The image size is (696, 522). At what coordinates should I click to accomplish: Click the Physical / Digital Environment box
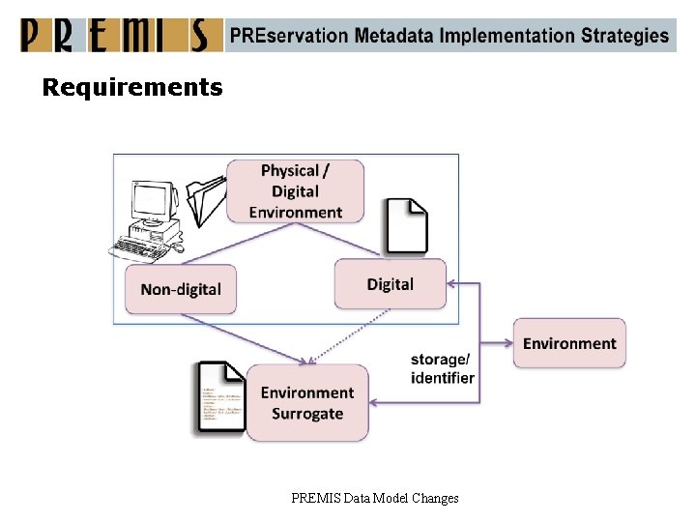coord(295,191)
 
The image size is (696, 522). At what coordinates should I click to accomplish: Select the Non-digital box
coord(181,289)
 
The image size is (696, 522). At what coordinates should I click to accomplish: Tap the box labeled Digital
coord(391,284)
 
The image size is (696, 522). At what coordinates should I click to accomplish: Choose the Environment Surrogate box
coord(307,403)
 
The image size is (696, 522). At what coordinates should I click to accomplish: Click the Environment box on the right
coord(569,343)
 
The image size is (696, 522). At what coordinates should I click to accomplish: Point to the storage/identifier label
coord(442,368)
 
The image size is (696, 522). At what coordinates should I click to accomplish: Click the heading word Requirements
coord(132,88)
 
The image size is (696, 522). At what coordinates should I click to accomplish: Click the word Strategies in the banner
coord(624,36)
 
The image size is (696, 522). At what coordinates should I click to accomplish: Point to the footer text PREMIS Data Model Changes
coord(375,498)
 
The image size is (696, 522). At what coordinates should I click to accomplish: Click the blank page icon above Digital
coord(406,226)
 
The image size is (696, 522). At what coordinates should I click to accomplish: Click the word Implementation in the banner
coord(509,36)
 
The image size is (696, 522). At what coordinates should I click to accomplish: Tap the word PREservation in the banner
coord(288,36)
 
